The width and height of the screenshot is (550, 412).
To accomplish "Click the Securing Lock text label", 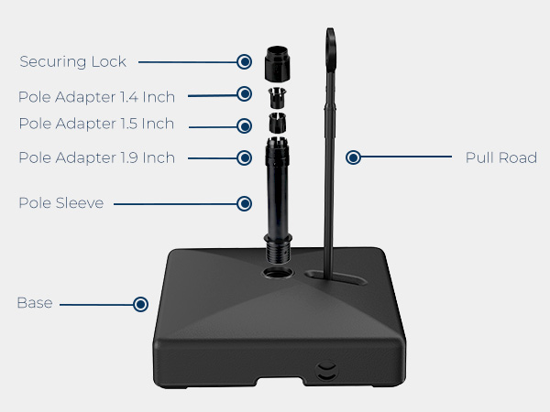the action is pyautogui.click(x=72, y=61).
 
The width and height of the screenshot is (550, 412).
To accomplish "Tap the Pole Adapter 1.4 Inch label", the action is pyautogui.click(x=96, y=97).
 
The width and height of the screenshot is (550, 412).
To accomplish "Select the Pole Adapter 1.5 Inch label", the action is pyautogui.click(x=96, y=124).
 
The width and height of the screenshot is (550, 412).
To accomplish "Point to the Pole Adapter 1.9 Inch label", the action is pyautogui.click(x=96, y=157).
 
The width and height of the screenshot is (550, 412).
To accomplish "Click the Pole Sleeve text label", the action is pyautogui.click(x=61, y=203).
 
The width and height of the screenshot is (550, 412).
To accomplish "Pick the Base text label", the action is pyautogui.click(x=35, y=303).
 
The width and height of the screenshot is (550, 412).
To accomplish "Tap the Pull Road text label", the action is pyautogui.click(x=500, y=157).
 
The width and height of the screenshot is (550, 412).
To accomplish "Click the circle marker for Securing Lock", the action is pyautogui.click(x=244, y=61).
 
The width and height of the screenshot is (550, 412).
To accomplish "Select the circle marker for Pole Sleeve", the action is pyautogui.click(x=244, y=203).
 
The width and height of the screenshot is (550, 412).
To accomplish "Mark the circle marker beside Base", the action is pyautogui.click(x=140, y=304).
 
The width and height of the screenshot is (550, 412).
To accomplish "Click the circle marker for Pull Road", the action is pyautogui.click(x=353, y=157).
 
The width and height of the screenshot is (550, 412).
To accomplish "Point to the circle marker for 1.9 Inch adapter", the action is pyautogui.click(x=244, y=157).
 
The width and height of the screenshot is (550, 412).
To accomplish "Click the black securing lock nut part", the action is pyautogui.click(x=277, y=63).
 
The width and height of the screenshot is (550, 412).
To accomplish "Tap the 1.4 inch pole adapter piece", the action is pyautogui.click(x=278, y=97).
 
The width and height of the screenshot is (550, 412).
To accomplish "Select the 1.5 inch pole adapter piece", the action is pyautogui.click(x=278, y=123).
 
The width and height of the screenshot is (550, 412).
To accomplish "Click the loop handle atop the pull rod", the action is pyautogui.click(x=330, y=49).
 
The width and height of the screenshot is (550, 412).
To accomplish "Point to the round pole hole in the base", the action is pyautogui.click(x=278, y=272).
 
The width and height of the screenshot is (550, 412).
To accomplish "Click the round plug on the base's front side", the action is pyautogui.click(x=326, y=371).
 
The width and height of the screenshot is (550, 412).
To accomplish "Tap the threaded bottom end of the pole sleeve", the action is pyautogui.click(x=278, y=252).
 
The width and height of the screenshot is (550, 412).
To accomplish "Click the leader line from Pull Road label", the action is pyautogui.click(x=406, y=157).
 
